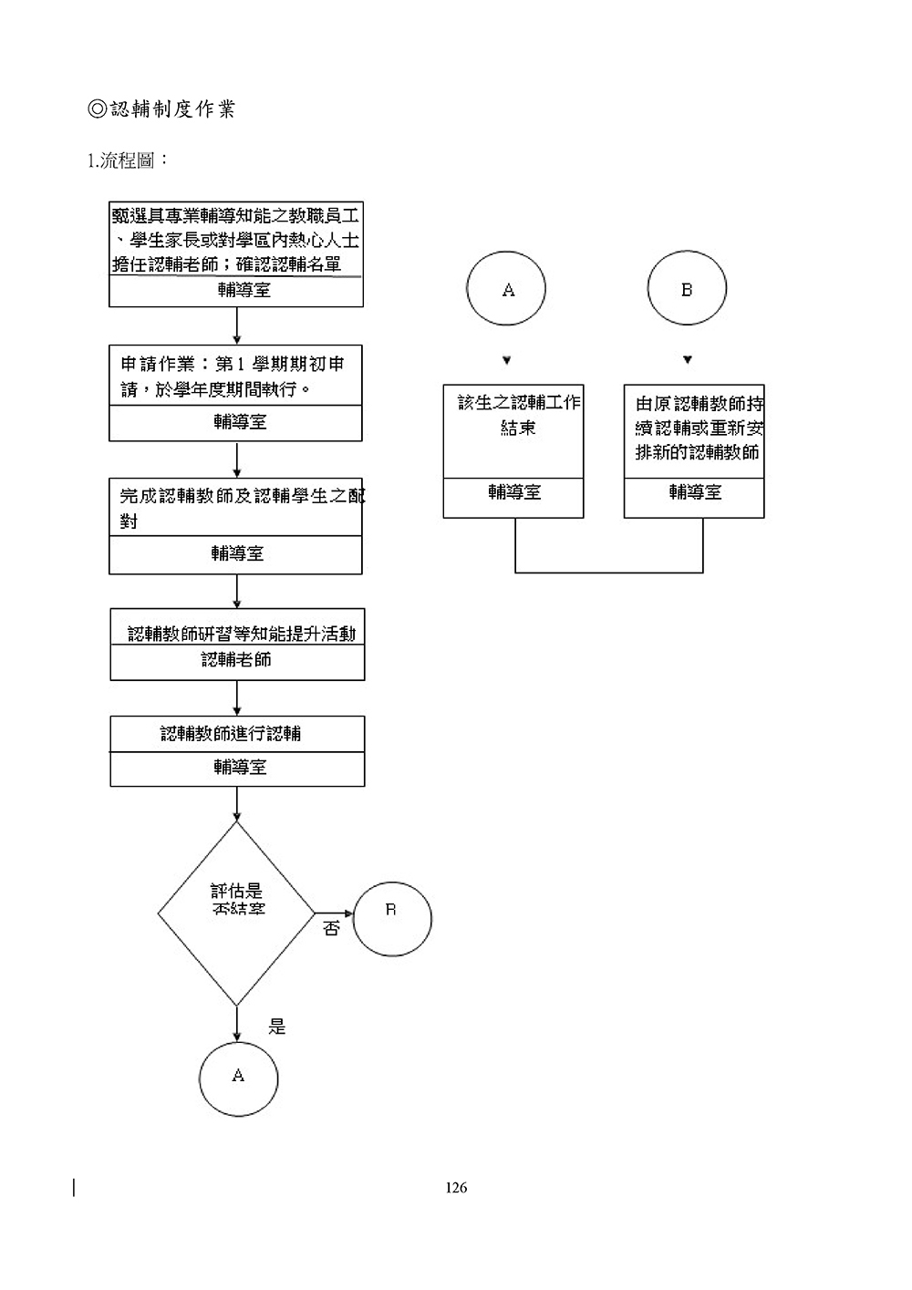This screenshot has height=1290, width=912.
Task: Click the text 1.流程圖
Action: [x=127, y=161]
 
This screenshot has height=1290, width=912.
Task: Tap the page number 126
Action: [x=456, y=1187]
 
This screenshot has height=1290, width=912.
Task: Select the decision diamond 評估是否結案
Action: [x=237, y=912]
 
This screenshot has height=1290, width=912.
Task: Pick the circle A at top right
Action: [x=506, y=289]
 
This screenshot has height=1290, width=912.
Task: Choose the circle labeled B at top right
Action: [x=687, y=289]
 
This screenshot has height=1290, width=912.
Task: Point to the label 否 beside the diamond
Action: [x=331, y=929]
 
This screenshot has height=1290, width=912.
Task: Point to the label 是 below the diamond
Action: [x=277, y=1027]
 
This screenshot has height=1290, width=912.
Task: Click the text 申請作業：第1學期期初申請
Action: [x=233, y=377]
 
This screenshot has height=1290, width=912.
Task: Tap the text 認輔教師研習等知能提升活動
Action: [x=241, y=633]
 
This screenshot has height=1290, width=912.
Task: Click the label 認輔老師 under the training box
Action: [x=236, y=659]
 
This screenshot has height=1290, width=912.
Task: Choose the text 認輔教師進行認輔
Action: [x=231, y=733]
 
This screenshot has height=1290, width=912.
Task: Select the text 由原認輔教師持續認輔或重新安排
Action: [x=699, y=428]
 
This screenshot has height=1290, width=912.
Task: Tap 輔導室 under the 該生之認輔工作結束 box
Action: [x=514, y=492]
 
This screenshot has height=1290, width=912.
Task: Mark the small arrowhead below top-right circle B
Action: [x=688, y=358]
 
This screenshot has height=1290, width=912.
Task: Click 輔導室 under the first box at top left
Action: [x=244, y=291]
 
